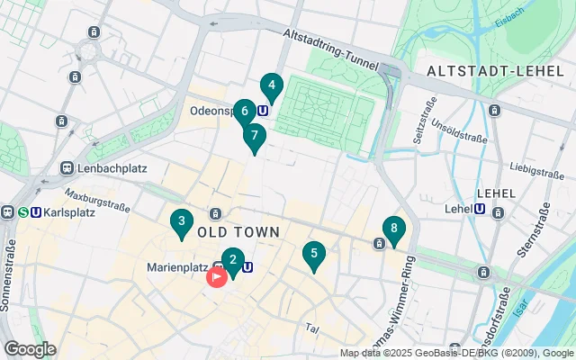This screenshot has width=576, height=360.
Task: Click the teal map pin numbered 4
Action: coord(271,86)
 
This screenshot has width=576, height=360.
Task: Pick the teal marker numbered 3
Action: coord(182,221)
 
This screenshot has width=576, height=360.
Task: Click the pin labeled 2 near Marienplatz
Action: coord(233,262)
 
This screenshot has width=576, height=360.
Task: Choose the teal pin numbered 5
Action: coord(313,255)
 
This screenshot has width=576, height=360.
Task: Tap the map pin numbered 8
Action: coord(393,230)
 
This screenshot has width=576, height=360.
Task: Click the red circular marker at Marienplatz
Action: coord(217,276)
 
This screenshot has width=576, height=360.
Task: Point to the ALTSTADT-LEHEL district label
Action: coord(482,71)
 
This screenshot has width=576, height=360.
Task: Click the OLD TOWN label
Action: coord(238,232)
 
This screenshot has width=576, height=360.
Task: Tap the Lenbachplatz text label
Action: coord(111,168)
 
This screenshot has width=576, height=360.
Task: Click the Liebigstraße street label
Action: coord(535,167)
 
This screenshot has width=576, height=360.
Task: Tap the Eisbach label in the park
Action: coord(509,17)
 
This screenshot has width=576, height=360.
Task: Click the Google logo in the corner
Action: coord(30,348)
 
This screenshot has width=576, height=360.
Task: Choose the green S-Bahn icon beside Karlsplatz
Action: coord(22,213)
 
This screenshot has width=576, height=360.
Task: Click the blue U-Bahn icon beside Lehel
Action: coord(480,209)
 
